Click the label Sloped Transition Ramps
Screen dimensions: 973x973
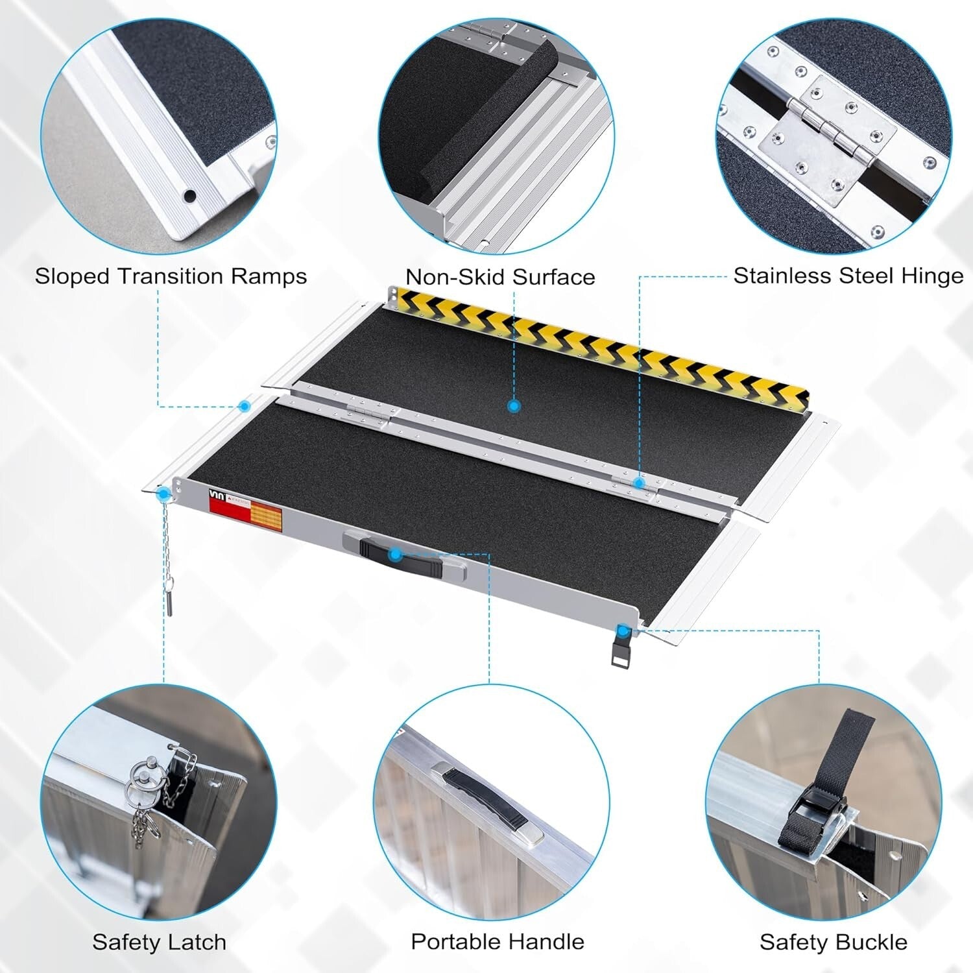coord(171,276)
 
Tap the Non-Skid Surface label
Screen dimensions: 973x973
coord(500,277)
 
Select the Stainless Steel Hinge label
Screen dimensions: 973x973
coord(848,276)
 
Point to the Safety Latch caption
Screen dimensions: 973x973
coord(159,941)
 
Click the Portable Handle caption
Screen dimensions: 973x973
coord(498,941)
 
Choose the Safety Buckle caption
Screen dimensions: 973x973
coord(834,941)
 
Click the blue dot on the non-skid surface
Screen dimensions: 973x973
coord(514,407)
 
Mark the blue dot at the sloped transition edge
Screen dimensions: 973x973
coord(245,407)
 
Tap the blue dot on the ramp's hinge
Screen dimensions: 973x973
coord(639,483)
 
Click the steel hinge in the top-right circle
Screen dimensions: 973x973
coord(828,138)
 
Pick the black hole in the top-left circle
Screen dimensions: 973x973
coord(189,195)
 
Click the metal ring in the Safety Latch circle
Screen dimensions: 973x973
coord(143,775)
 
